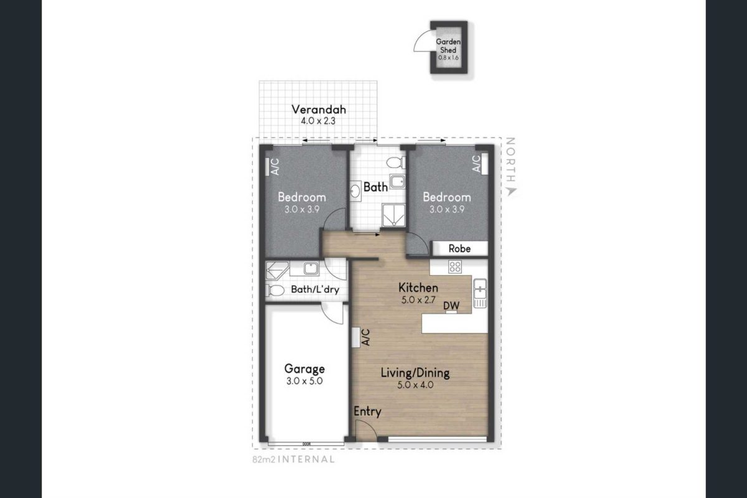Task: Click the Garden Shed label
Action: coord(448,46)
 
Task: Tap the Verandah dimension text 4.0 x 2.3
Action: coord(318,121)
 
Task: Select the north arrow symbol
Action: coord(511,192)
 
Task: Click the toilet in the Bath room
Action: coord(396,162)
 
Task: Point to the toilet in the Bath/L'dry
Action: coord(275,291)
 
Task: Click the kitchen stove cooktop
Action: coord(455,267)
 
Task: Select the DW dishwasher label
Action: coord(451,305)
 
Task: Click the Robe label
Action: coord(459,248)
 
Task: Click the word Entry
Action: coord(367,411)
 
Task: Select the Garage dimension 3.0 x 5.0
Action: coord(304,381)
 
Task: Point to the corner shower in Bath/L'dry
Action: coord(277,270)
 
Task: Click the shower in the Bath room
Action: coord(393,215)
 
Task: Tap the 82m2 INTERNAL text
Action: coord(293,459)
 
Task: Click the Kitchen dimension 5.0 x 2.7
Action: coord(418,300)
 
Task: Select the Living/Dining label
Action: coord(415,373)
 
